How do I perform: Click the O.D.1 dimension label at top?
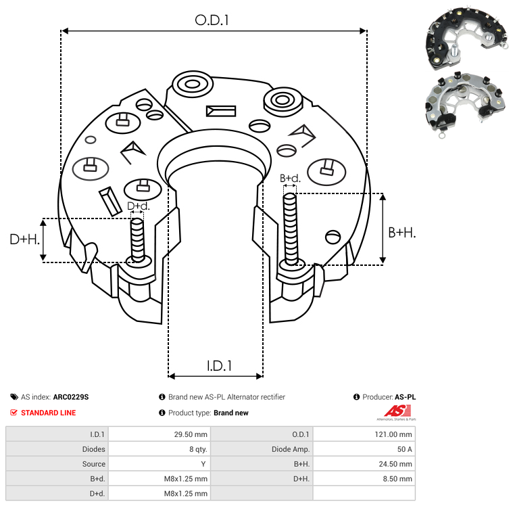pyautogui.click(x=212, y=20)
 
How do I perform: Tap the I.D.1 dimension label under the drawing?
pyautogui.click(x=219, y=365)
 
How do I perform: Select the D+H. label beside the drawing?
pyautogui.click(x=24, y=239)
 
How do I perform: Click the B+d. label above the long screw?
pyautogui.click(x=290, y=179)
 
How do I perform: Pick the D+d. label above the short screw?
pyautogui.click(x=138, y=206)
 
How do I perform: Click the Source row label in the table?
pyautogui.click(x=93, y=464)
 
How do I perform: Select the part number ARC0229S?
pyautogui.click(x=70, y=398)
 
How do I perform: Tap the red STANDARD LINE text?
pyautogui.click(x=48, y=413)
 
